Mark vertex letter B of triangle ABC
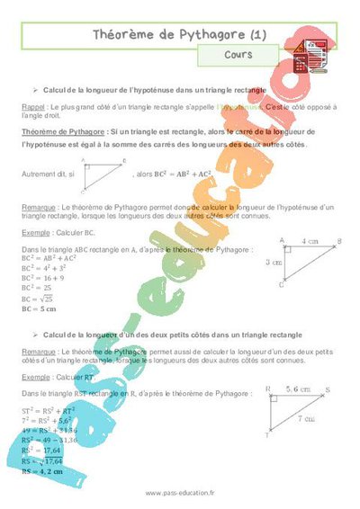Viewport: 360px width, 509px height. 339,241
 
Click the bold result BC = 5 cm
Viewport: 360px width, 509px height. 40,309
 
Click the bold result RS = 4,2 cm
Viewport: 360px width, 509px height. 45,469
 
